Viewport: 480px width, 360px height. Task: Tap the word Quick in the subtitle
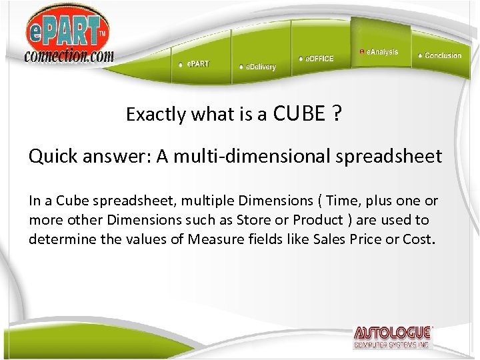[51, 156]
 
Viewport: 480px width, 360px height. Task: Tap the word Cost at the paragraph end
[418, 239]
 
